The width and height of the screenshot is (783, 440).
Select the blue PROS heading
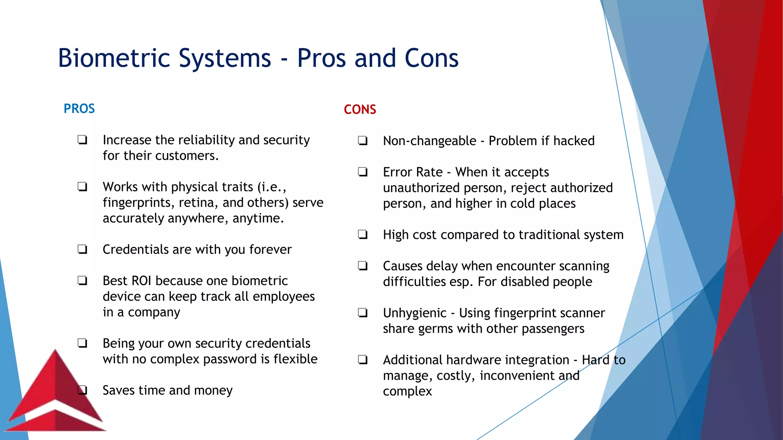(x=79, y=109)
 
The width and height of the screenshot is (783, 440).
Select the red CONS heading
(x=360, y=110)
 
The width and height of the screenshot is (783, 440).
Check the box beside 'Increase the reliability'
(x=82, y=140)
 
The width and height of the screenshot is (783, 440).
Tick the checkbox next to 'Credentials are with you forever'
(x=82, y=249)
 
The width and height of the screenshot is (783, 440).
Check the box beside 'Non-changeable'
(x=363, y=141)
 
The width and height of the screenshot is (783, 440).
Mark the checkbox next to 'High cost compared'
(x=363, y=235)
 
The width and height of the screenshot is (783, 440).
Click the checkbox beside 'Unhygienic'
(x=363, y=313)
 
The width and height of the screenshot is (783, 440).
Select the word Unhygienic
(x=414, y=313)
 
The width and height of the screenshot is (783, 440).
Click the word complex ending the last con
(x=407, y=392)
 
